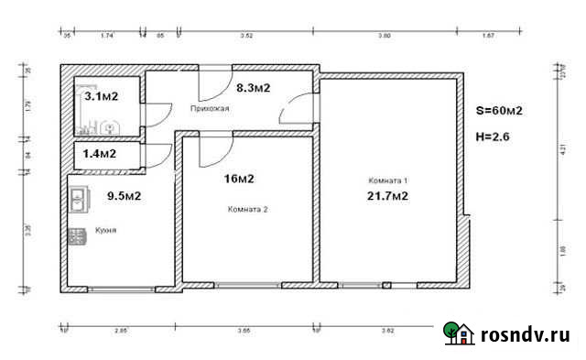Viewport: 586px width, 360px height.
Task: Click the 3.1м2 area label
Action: coord(101,94)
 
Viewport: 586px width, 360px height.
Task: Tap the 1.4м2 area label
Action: coord(100,154)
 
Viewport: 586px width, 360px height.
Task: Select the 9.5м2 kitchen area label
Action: coord(124,195)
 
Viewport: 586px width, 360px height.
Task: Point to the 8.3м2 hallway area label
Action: coord(252,89)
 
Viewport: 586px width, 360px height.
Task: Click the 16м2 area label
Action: coord(238,179)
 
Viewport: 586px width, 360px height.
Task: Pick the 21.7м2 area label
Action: coord(386,196)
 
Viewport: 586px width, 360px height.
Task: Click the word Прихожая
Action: coord(209,108)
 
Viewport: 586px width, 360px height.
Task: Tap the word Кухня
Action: coord(105,231)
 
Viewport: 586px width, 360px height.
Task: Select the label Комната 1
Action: coord(385,180)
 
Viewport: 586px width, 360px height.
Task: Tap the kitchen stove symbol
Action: coord(75,236)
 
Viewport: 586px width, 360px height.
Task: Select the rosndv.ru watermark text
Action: coord(526,335)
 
